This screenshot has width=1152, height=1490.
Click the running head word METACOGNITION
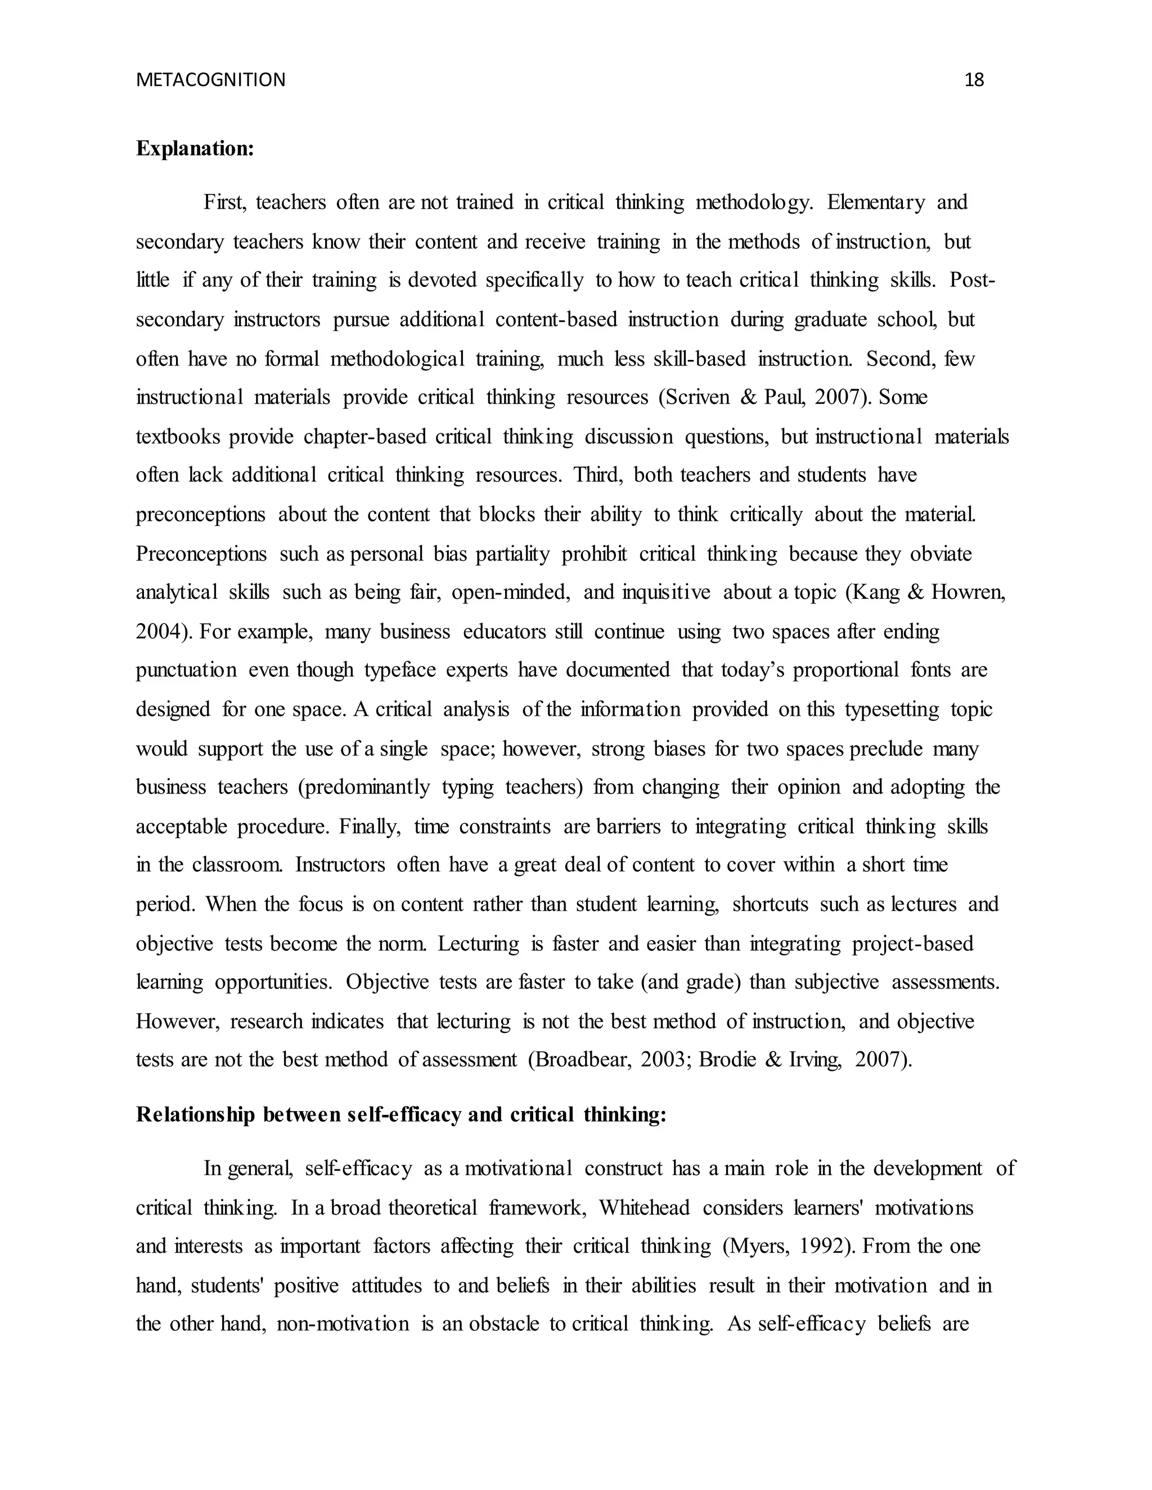(x=211, y=80)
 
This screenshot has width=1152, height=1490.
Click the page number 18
(x=974, y=80)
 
